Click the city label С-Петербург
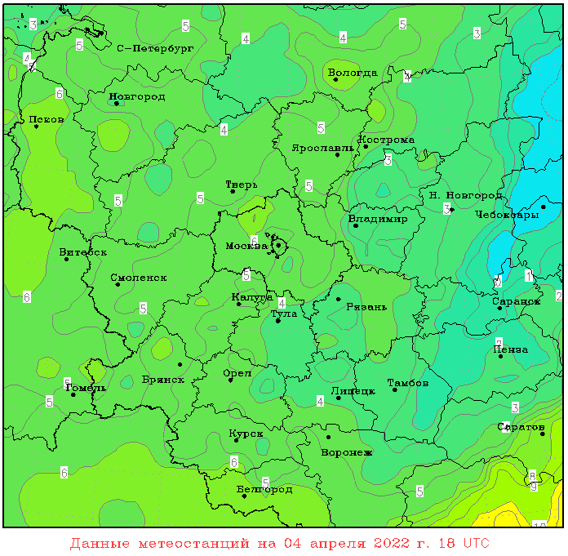pos(155,49)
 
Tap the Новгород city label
pos(137,96)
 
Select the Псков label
pos(47,119)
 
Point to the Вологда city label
pos(353,73)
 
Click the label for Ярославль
pos(323,148)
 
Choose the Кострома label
pos(387,140)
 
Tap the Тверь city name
pos(242,185)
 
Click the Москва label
pos(246,246)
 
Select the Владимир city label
pos(378,219)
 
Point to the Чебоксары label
pos(507,215)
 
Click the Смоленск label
pos(139,278)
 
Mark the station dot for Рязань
pos(338,299)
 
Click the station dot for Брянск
pos(180,364)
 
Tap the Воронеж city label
pos(347,451)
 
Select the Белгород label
pos(264,489)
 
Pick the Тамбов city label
pos(408,382)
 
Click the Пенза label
pos(511,349)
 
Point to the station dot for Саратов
pos(542,434)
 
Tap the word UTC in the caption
pos(477,543)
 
